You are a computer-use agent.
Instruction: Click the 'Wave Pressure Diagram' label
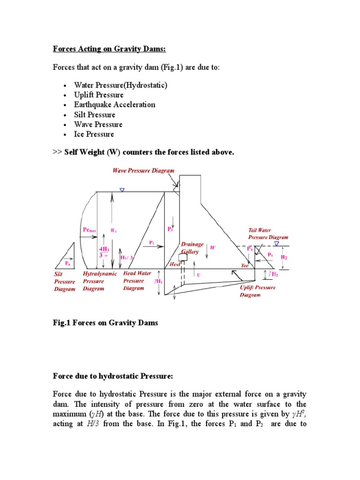pos(143,171)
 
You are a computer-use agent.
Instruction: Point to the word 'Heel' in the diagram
pos(175,264)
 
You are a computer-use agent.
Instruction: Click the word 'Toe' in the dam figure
pos(245,265)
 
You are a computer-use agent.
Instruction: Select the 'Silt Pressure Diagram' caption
pos(64,281)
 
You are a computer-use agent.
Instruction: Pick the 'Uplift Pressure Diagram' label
pos(257,291)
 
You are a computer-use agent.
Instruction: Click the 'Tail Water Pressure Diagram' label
pos(268,234)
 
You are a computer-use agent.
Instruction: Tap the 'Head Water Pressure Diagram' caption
pos(136,280)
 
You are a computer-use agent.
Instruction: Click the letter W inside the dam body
pos(212,247)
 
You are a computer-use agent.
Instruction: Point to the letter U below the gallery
pos(198,275)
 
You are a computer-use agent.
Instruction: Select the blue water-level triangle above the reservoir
pos(122,190)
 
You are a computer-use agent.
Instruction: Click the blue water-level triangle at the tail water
pos(277,244)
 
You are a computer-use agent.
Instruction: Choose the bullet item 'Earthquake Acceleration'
pos(114,105)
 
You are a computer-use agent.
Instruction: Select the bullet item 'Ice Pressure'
pos(94,134)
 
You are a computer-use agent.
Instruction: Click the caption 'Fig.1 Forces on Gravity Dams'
pos(105,323)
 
